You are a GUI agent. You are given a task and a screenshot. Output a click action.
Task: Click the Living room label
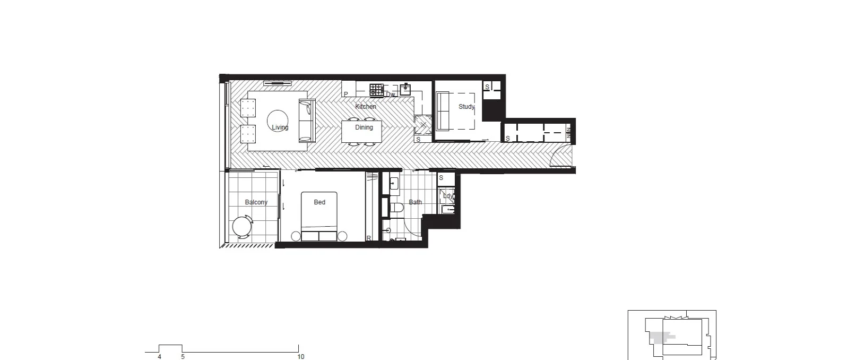coord(280,127)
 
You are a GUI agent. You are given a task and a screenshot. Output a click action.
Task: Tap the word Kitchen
coord(366,107)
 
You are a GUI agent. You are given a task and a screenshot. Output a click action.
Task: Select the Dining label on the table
coord(364,127)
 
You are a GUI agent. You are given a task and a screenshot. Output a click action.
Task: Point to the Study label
coord(466,107)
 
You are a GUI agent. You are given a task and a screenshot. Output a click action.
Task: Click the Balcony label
coord(256,202)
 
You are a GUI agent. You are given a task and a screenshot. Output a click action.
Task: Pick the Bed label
coord(319,202)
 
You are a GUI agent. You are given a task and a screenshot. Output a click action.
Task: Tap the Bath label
coord(416,202)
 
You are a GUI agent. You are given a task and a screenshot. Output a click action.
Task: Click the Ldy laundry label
coord(448,196)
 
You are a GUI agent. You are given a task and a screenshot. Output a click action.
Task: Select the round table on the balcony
coord(243,227)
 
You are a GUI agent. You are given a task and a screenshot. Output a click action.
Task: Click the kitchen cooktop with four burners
coord(376,90)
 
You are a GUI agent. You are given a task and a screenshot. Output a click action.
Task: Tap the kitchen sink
coord(405,89)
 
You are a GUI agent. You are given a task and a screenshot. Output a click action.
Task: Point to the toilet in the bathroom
coord(396,208)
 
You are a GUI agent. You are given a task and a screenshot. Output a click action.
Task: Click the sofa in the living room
coord(307,121)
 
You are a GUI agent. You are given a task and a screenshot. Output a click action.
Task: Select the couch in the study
coord(443,111)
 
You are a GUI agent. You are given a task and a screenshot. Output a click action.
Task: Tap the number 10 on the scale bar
coord(301,357)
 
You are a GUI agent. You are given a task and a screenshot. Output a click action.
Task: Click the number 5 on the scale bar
coord(183,357)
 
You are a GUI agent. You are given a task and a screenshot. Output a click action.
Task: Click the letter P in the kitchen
coord(346,95)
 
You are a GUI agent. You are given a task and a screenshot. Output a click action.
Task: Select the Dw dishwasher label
coord(391,95)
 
